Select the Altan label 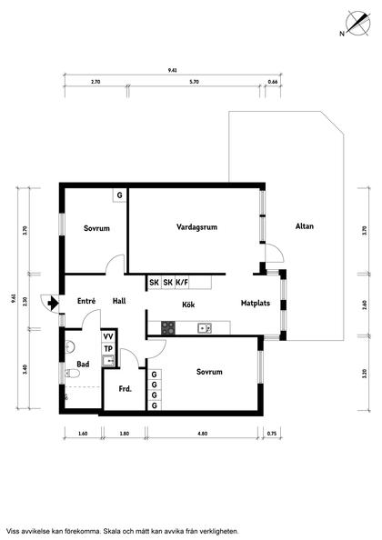click(x=305, y=226)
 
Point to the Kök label click(x=189, y=305)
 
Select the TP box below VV click(x=108, y=349)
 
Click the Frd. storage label click(x=126, y=389)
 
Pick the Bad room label click(x=83, y=364)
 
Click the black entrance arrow click(x=54, y=303)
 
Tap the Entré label click(x=87, y=301)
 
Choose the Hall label click(x=119, y=301)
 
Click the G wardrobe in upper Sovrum click(x=118, y=195)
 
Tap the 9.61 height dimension click(x=12, y=296)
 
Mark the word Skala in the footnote click(x=128, y=530)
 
